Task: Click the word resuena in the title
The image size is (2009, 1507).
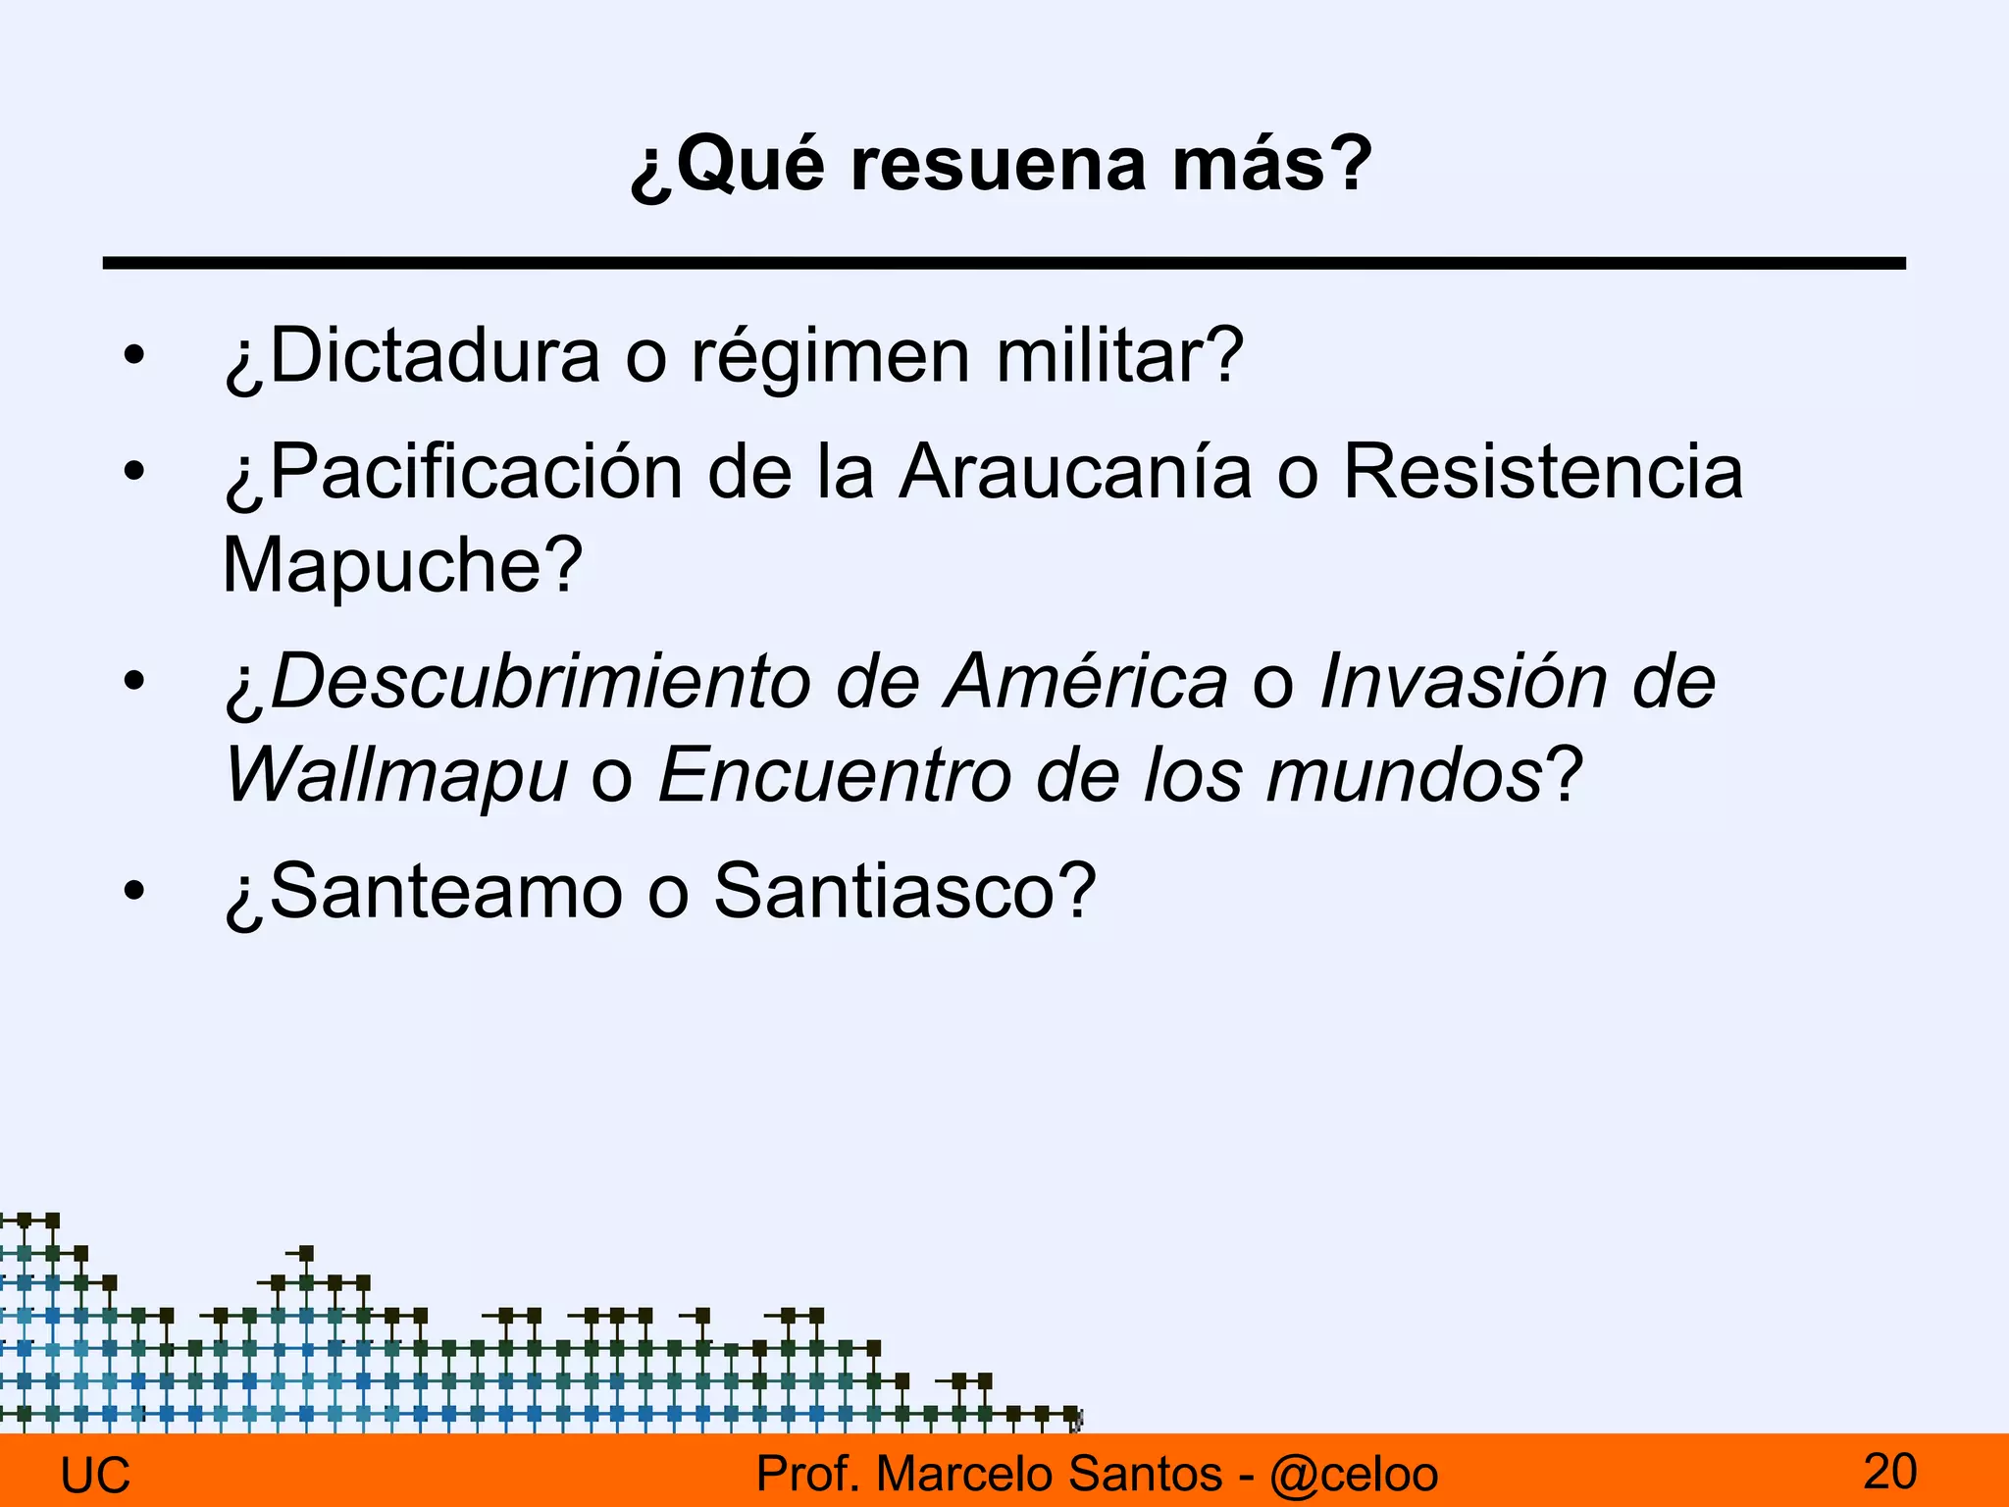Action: coord(998,165)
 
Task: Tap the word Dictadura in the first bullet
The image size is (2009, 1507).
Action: coord(434,355)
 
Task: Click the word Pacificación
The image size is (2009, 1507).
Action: coord(475,472)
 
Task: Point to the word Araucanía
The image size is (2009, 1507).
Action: coord(1075,472)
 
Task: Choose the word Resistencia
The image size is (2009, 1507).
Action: coord(1543,472)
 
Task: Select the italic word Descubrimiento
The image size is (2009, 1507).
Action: coord(540,682)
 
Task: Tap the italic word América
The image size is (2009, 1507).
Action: coord(1085,682)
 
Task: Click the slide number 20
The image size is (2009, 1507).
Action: coord(1889,1473)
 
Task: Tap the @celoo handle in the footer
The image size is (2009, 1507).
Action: coord(1354,1475)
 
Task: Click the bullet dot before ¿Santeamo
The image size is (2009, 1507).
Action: coord(134,892)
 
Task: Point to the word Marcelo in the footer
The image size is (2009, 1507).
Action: coord(965,1475)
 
